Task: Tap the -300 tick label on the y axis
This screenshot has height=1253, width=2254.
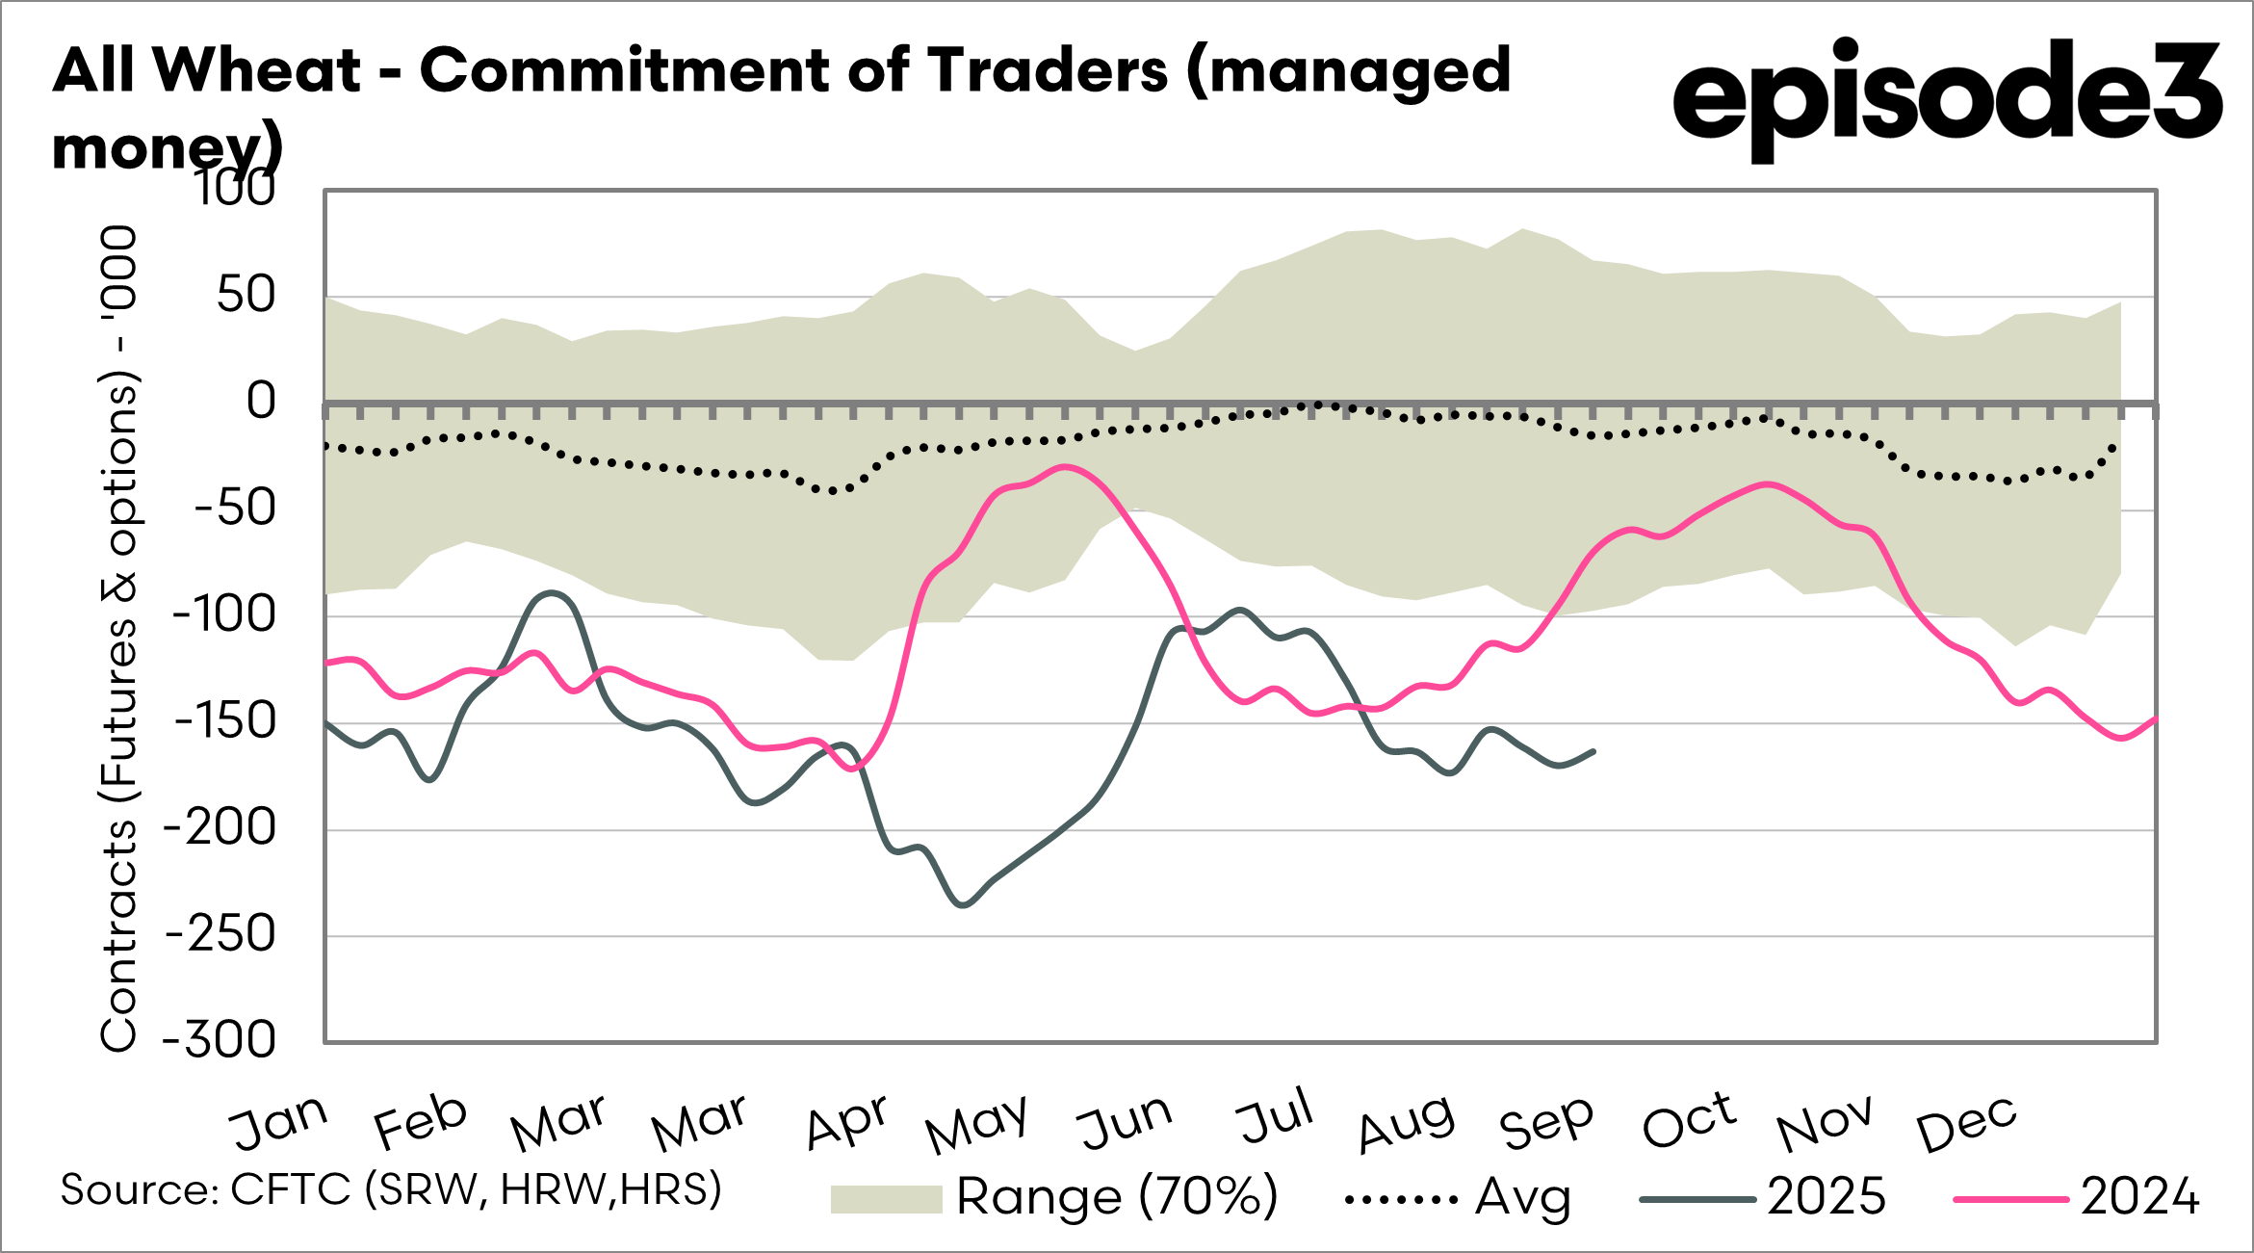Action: pos(220,1040)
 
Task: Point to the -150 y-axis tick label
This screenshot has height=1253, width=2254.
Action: pos(225,721)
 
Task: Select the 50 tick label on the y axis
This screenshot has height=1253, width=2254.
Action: pos(246,296)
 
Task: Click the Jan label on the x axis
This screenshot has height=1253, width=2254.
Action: pos(279,1122)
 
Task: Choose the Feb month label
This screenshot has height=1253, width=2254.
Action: pos(420,1122)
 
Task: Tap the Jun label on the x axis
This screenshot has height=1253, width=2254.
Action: pos(1125,1122)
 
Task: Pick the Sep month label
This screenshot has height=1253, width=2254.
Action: pos(1546,1122)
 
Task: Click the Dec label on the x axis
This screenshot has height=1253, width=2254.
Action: pos(1966,1122)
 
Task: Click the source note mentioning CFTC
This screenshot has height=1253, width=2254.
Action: pos(391,1190)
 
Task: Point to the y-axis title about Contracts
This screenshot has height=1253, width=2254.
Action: pos(119,638)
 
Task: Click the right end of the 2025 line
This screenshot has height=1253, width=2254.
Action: pos(1594,751)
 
